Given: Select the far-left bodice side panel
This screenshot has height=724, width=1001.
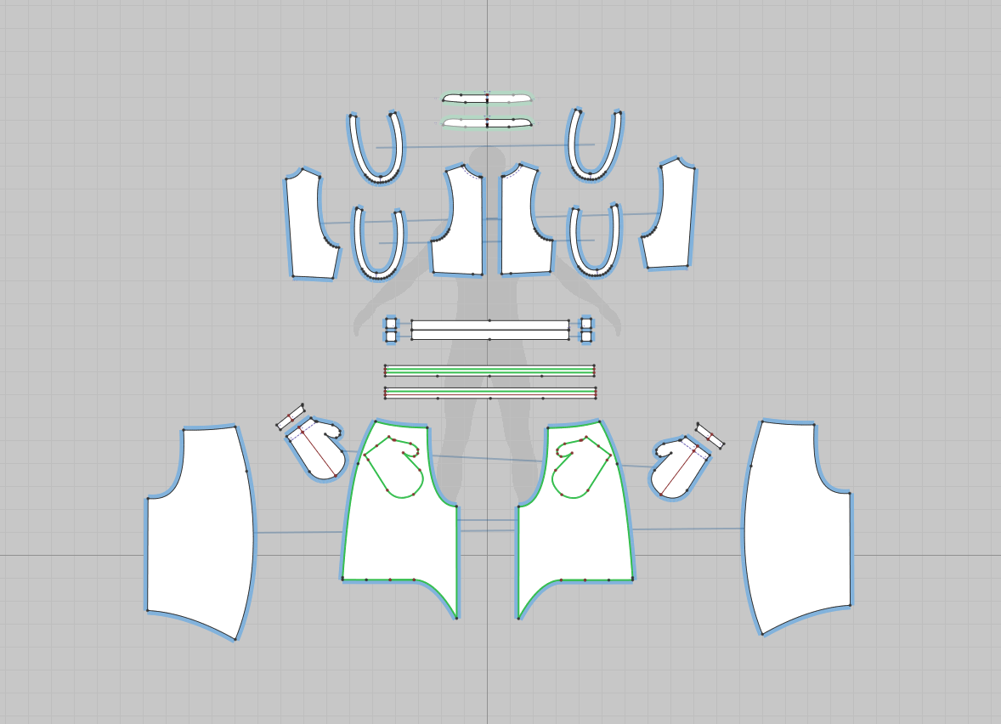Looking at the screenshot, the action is (308, 225).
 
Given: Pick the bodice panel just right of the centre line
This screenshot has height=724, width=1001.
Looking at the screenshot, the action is (517, 225).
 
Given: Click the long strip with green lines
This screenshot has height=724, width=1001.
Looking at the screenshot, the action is (489, 370).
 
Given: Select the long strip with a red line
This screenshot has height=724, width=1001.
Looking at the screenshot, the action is (489, 393).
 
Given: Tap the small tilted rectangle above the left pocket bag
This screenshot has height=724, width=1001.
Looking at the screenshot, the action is (291, 417).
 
